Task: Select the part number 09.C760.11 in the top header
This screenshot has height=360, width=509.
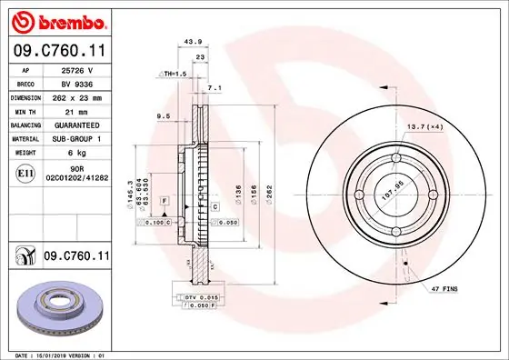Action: tap(58, 52)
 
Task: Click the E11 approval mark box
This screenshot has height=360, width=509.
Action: tap(25, 170)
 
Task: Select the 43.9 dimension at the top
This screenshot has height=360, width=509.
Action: tap(191, 41)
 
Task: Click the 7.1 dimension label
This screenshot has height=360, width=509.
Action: tap(215, 88)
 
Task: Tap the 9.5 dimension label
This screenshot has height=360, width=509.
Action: tap(165, 116)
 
